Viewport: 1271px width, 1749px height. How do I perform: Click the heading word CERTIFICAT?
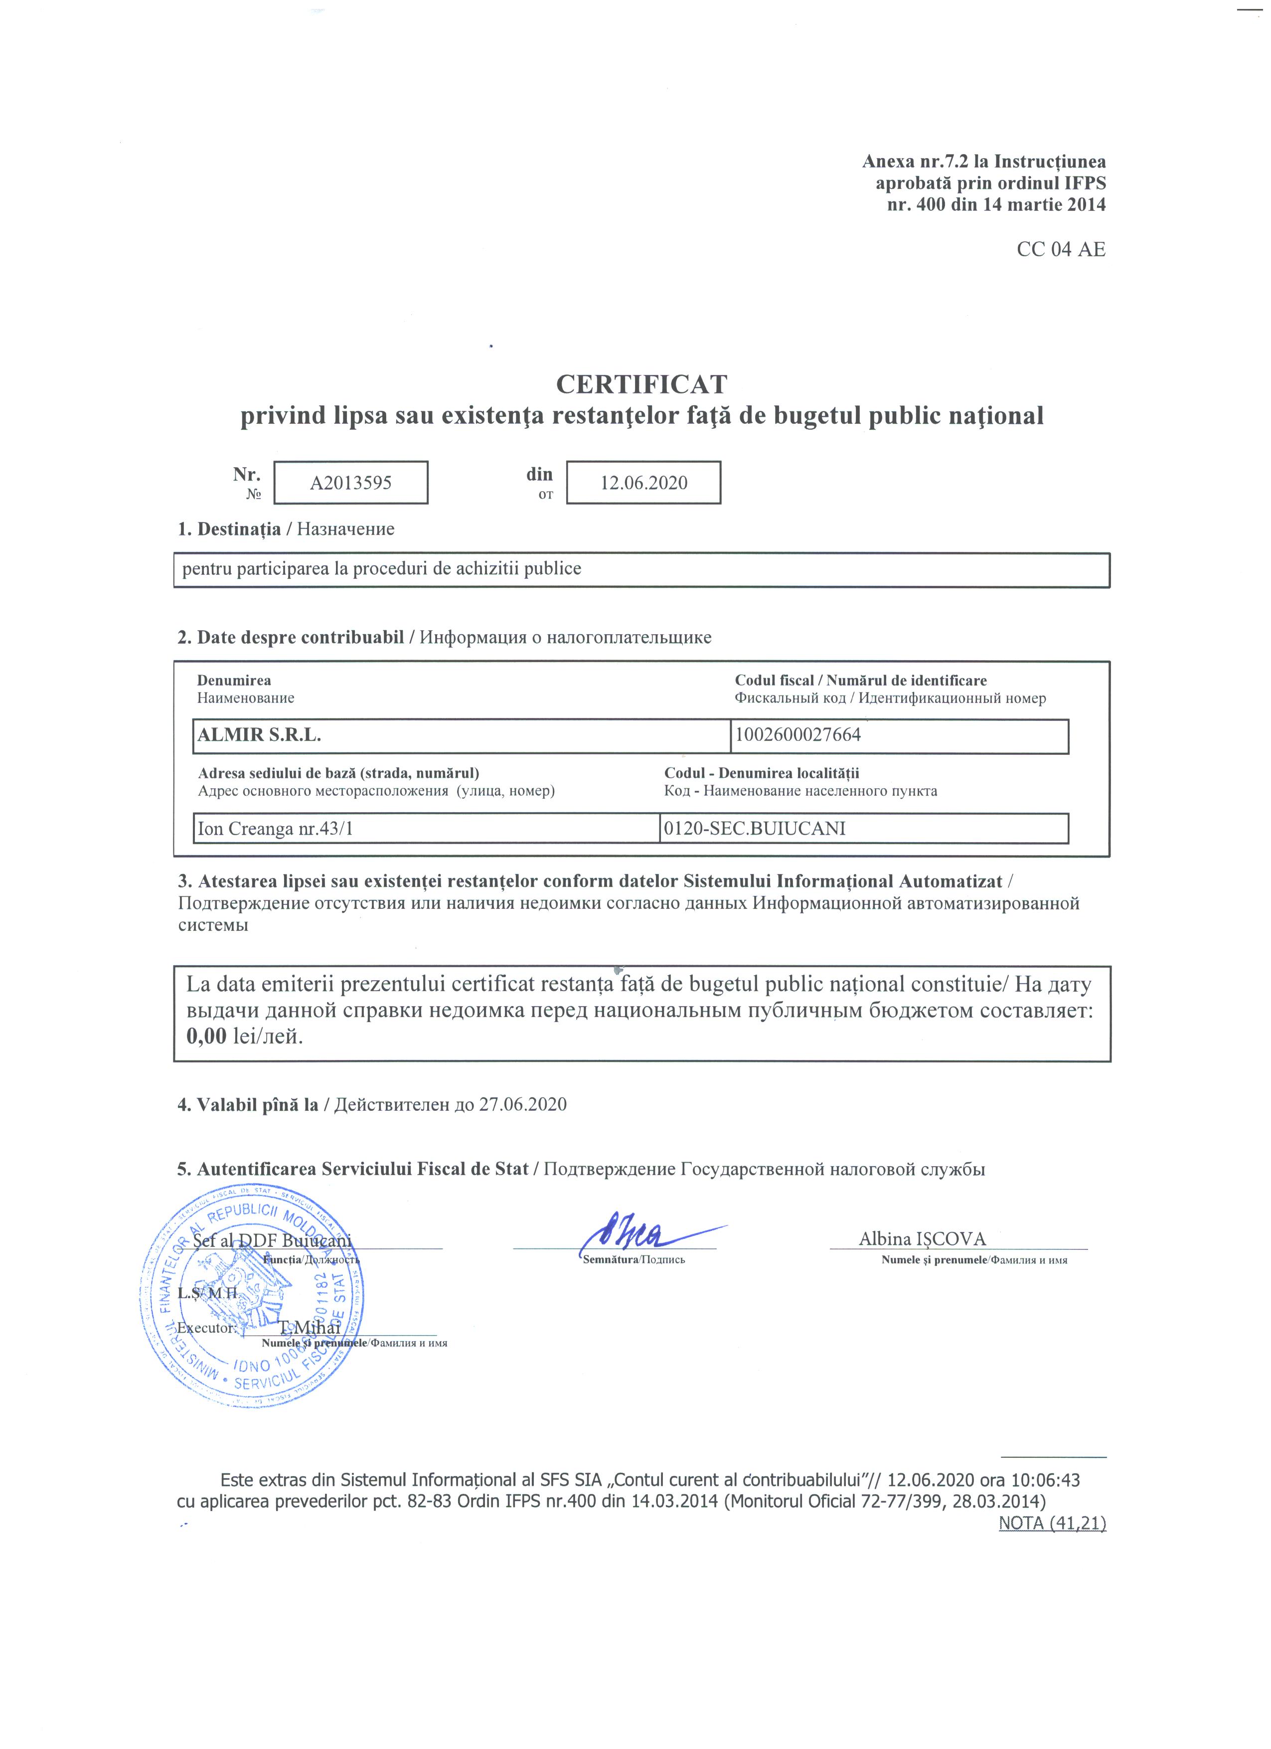pyautogui.click(x=641, y=384)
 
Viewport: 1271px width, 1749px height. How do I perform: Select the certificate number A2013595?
pyautogui.click(x=351, y=483)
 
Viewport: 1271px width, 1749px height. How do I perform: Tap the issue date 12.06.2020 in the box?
pyautogui.click(x=643, y=483)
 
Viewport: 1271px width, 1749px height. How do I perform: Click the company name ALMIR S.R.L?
pyautogui.click(x=259, y=735)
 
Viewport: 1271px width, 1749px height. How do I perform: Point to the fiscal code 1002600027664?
pyautogui.click(x=798, y=735)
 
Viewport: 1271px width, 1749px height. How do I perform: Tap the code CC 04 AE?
pyautogui.click(x=1061, y=250)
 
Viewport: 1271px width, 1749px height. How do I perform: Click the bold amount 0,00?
pyautogui.click(x=206, y=1036)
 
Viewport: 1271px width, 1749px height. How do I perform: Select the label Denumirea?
pyautogui.click(x=234, y=680)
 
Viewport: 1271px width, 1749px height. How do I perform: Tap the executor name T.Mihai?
pyautogui.click(x=309, y=1327)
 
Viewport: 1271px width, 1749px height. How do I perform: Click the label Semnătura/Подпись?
pyautogui.click(x=634, y=1260)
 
